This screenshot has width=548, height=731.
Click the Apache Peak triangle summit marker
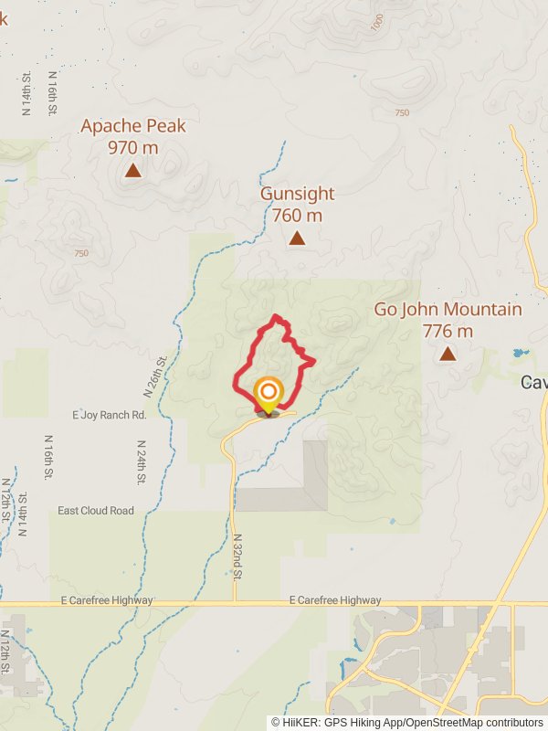[133, 170]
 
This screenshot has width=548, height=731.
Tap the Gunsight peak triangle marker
[297, 238]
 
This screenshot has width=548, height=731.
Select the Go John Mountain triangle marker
[448, 354]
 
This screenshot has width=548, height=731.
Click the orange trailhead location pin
[269, 396]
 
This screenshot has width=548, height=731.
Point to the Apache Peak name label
[133, 126]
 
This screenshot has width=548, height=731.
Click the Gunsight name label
[297, 194]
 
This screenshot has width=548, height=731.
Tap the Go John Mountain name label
[448, 310]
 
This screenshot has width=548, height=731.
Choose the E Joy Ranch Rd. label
[110, 415]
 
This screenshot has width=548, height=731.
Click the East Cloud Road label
[95, 511]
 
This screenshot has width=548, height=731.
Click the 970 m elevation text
[133, 147]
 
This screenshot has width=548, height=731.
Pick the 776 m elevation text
[448, 331]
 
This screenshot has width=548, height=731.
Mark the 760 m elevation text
[297, 216]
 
